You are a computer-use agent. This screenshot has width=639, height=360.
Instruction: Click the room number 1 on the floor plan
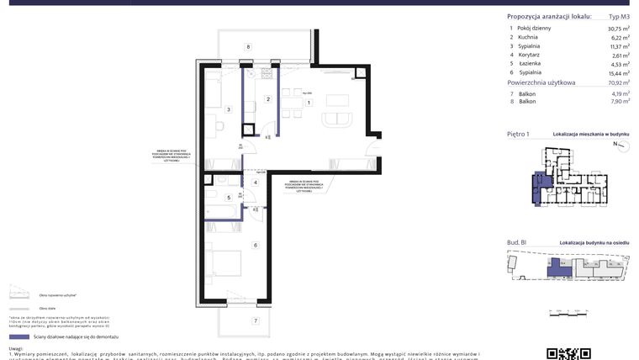coord(309,103)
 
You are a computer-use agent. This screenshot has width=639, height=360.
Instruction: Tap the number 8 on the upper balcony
coord(249,47)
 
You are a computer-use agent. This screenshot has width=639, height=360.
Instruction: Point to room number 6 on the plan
coord(255,245)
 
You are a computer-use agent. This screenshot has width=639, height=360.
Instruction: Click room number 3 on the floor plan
coord(228,109)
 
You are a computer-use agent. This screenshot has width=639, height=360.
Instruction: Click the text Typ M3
coord(619,17)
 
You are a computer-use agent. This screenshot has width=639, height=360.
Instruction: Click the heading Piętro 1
coord(518,134)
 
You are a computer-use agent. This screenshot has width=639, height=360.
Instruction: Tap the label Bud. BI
coord(516,242)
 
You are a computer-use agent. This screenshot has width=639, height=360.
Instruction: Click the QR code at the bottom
coord(569,353)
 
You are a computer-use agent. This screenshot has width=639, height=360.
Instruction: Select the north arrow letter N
coord(615,145)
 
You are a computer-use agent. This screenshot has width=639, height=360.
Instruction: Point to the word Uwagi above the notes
coord(16,347)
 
